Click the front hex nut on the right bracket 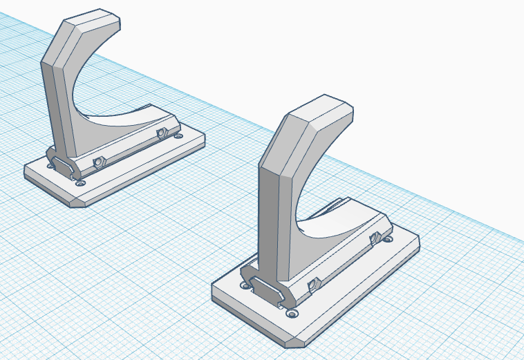[312, 284]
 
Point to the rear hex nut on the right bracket [377, 239]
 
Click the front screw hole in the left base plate [82, 184]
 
